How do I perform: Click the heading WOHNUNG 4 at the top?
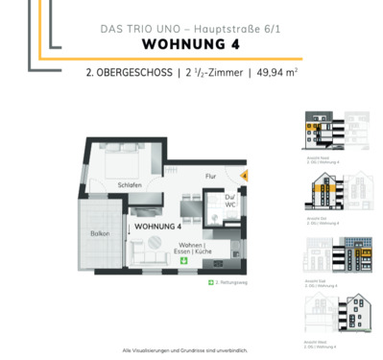(x=191, y=44)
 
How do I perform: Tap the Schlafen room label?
(x=132, y=184)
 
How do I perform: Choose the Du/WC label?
(x=231, y=204)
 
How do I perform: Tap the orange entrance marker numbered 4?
(x=243, y=176)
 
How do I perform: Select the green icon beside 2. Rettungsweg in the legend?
(x=210, y=283)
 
